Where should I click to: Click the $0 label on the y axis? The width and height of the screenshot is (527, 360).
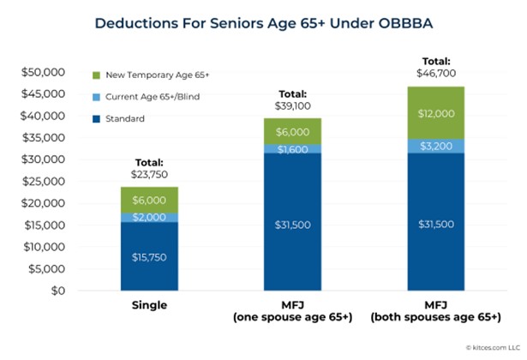[57, 291]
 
